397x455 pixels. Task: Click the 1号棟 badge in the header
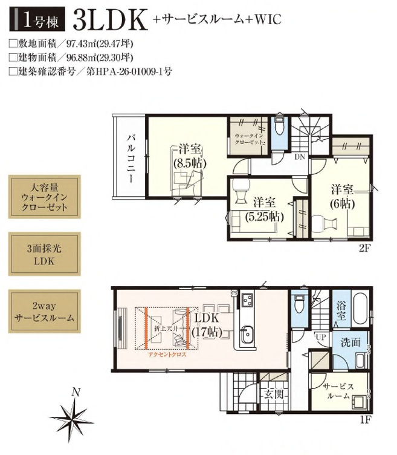click(35, 20)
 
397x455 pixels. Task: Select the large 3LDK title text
click(109, 20)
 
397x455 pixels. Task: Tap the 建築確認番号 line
click(91, 71)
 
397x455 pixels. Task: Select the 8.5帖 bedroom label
click(190, 155)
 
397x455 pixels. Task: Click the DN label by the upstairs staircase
click(299, 156)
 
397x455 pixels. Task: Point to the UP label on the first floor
click(320, 337)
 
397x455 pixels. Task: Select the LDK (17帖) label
click(207, 325)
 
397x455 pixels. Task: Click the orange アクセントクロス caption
click(167, 356)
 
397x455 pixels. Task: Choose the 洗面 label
click(350, 342)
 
